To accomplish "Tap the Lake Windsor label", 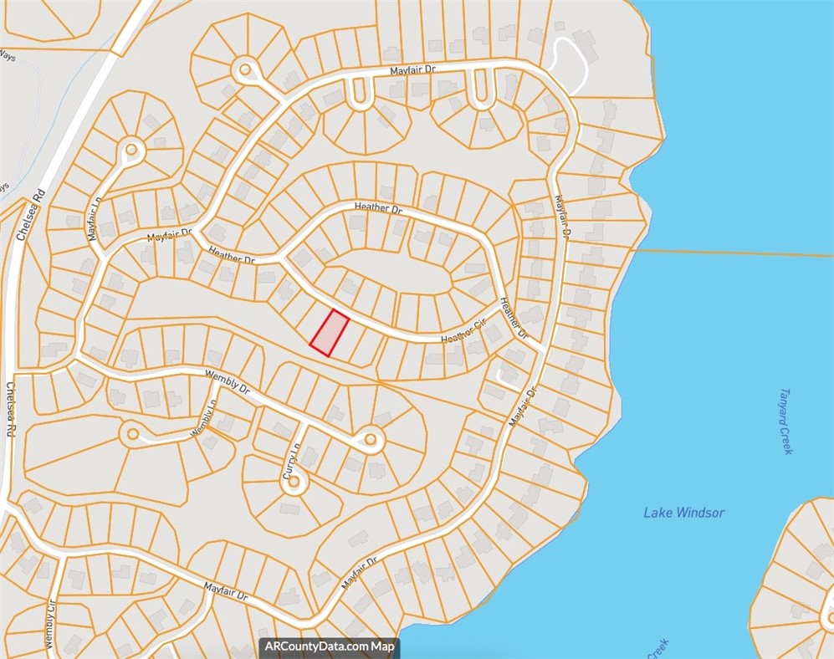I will pos(683,513).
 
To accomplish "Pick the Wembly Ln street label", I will pos(204,417).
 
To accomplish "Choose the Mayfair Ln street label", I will pos(95,219).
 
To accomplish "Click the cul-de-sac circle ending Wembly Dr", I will pos(369,438).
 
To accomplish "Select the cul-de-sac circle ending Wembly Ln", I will pos(131,434).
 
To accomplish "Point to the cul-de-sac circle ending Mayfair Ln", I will pos(132,151).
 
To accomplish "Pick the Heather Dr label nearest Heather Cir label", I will pos(512,318).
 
